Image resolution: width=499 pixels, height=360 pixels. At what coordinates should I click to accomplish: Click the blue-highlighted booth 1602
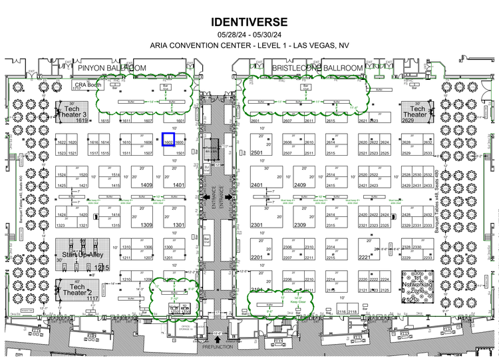point(168,139)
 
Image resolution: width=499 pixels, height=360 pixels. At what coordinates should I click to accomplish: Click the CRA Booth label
point(88,85)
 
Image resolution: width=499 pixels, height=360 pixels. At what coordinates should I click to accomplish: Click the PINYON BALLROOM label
point(111,68)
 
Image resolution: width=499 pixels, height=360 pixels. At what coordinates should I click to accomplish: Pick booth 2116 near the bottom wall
point(341,311)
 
